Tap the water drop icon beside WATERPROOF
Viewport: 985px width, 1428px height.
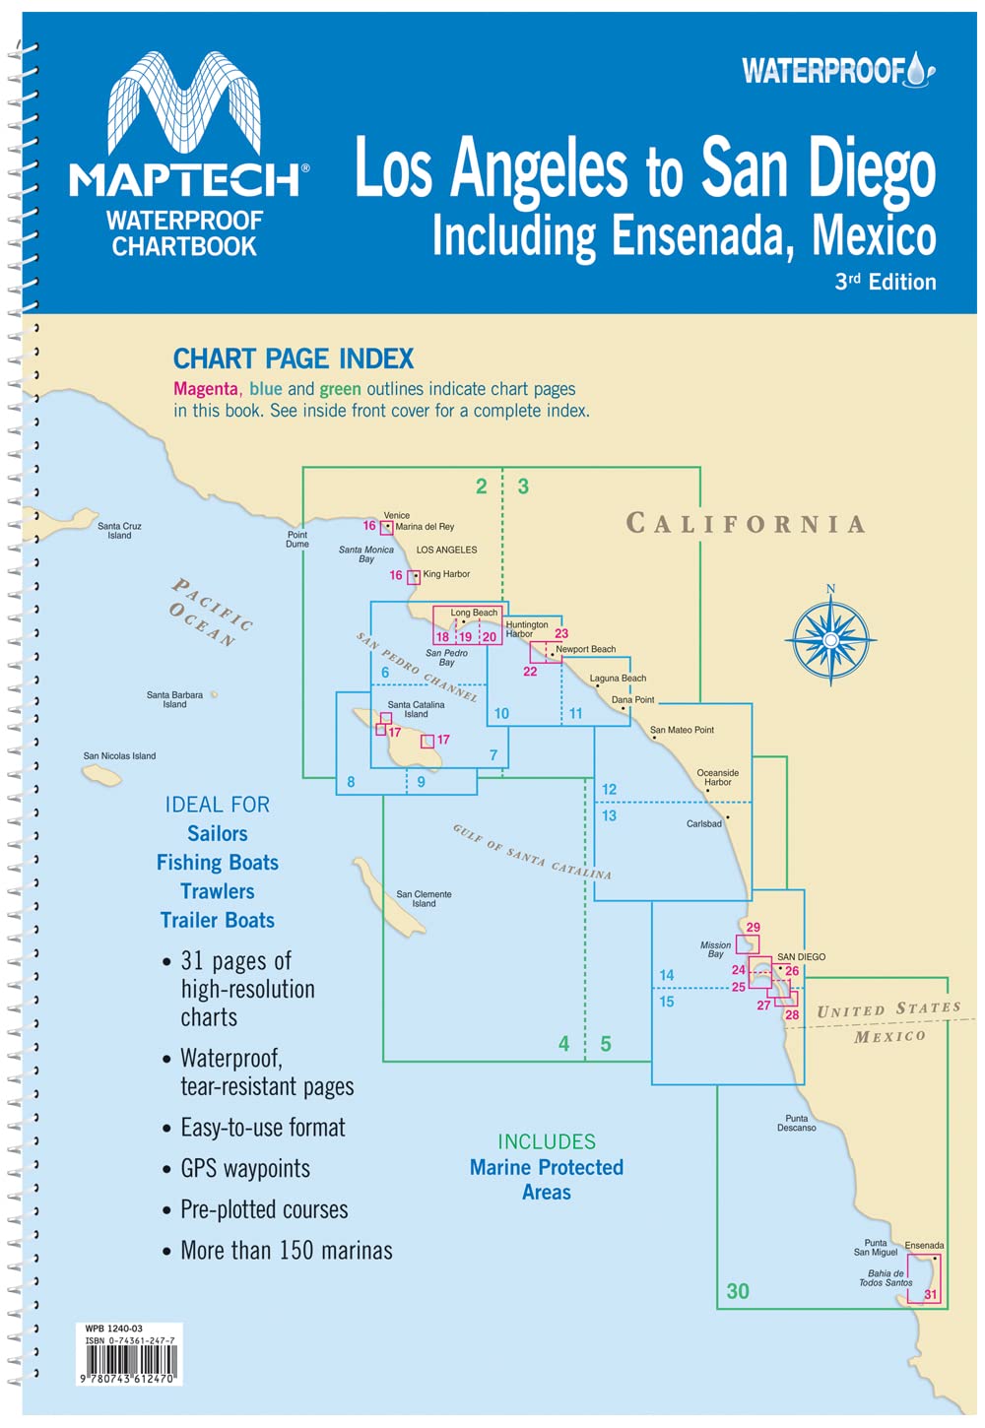(919, 69)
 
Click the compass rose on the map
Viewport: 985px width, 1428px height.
(830, 639)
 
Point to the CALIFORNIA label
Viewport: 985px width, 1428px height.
(746, 523)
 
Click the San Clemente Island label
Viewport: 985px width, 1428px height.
(424, 899)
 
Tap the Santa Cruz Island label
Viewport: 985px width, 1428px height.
(119, 531)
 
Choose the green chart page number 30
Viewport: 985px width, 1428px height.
(738, 1291)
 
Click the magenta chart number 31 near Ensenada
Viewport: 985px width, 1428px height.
(930, 1295)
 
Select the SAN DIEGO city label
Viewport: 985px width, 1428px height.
(801, 957)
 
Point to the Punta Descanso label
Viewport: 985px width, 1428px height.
(796, 1123)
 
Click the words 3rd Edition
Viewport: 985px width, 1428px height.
(885, 282)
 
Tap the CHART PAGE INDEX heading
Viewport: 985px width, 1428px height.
(294, 358)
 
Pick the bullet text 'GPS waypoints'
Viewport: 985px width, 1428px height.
(245, 1169)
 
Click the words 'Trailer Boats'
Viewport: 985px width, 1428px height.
(218, 921)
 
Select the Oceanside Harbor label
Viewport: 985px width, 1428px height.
(717, 777)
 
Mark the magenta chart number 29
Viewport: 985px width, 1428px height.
(754, 927)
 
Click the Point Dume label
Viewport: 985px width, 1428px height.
(297, 540)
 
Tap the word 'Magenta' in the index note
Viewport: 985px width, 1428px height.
(206, 389)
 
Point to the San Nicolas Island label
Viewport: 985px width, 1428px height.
(119, 756)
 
